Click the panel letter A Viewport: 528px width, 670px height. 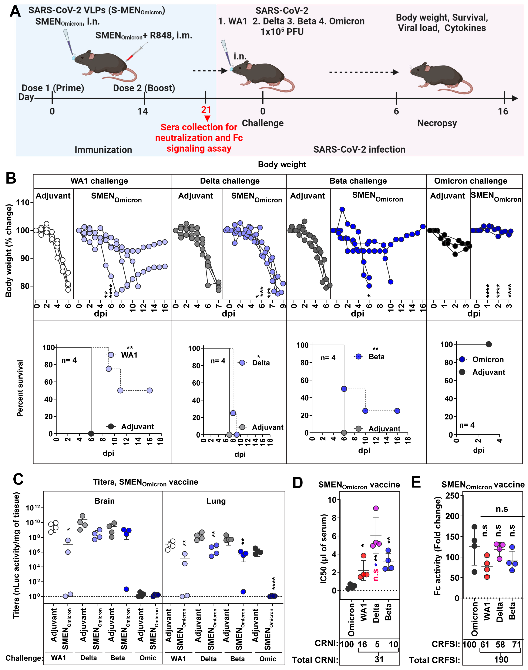click(x=15, y=12)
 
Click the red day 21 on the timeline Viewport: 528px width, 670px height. click(x=206, y=110)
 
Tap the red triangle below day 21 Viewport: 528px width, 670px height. click(x=207, y=118)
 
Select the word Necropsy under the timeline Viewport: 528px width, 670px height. click(x=437, y=123)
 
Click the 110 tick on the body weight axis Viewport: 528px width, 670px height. click(x=23, y=203)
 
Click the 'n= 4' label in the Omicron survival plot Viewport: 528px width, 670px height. click(x=466, y=425)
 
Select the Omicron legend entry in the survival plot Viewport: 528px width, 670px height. click(x=488, y=359)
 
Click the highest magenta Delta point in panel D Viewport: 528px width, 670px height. click(x=376, y=508)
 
